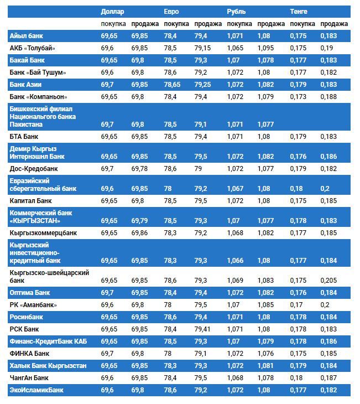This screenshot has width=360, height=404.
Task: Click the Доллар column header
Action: tap(112, 11)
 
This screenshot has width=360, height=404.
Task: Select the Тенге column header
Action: tap(299, 11)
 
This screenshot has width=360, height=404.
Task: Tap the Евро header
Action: tap(171, 11)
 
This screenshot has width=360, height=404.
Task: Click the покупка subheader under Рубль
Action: tap(239, 24)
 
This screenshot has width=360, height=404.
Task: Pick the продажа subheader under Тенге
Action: tap(334, 24)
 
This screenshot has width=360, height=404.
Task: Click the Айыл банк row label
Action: tap(27, 36)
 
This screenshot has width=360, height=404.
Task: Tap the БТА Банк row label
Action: tap(24, 136)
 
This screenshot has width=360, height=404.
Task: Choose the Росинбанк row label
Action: tap(26, 317)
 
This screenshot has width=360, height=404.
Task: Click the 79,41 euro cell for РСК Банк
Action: tap(203, 329)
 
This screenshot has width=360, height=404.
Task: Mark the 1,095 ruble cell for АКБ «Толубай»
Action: tap(265, 48)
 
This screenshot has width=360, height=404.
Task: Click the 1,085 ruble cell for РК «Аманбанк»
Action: tap(265, 305)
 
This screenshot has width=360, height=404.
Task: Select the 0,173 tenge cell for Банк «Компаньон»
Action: tap(298, 97)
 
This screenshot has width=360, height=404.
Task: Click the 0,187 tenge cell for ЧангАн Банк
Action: tap(328, 378)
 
